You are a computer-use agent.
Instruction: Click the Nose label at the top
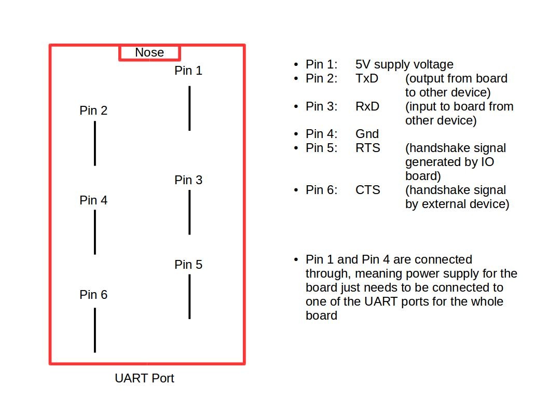[x=149, y=52]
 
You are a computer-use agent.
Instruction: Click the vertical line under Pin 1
[x=189, y=108]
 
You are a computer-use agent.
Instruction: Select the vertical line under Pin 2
[x=94, y=143]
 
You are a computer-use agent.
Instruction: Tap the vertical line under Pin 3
[x=189, y=212]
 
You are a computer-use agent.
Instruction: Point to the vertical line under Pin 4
[x=94, y=232]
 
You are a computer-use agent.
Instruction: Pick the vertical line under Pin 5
[x=189, y=296]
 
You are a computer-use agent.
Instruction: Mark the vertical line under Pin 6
[x=94, y=330]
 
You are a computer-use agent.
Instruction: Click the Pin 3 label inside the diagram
[x=188, y=180]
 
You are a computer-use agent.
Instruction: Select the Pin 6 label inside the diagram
[x=93, y=295]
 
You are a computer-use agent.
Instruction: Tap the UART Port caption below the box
[x=144, y=378]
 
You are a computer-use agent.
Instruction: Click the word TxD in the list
[x=367, y=79]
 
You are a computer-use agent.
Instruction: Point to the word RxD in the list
[x=367, y=106]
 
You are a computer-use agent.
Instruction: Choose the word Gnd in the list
[x=367, y=134]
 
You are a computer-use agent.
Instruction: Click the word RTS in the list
[x=367, y=148]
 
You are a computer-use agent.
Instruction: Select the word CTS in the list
[x=367, y=190]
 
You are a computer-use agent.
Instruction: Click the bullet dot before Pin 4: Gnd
[x=296, y=134]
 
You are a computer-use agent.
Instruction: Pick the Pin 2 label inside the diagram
[x=93, y=111]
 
